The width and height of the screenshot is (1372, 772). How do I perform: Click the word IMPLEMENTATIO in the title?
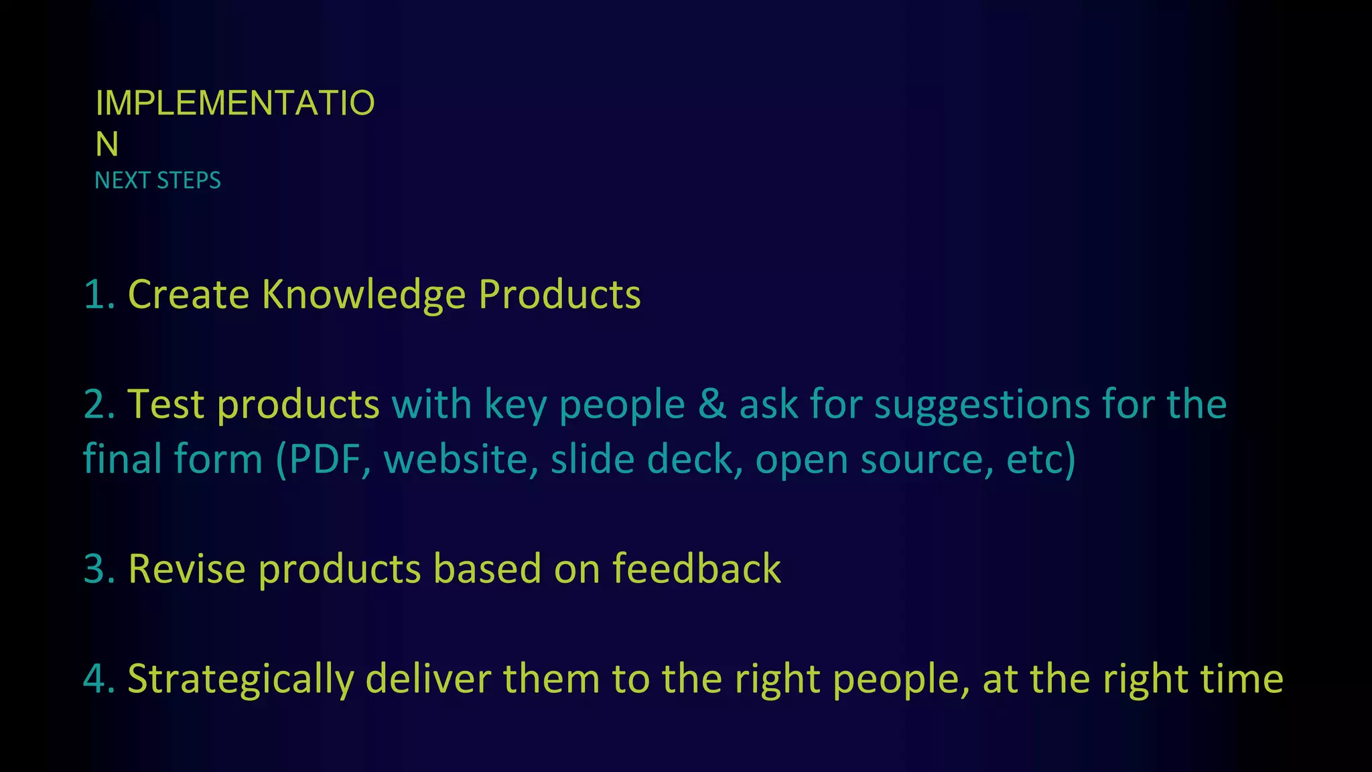tap(234, 103)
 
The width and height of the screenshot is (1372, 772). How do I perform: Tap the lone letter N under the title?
tap(107, 145)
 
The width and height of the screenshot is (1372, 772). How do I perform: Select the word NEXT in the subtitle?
tap(122, 181)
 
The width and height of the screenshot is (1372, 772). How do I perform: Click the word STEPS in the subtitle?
tap(189, 181)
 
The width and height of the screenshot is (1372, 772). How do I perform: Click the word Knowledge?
tap(363, 296)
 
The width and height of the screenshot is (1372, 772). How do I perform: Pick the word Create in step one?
tap(188, 294)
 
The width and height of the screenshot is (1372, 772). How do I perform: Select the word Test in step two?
tap(165, 405)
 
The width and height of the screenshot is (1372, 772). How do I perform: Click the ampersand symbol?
tap(712, 405)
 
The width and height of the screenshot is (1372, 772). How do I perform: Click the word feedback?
tap(696, 569)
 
